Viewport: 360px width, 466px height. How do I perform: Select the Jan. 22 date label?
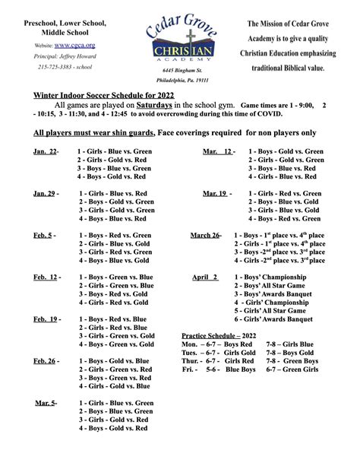(45, 152)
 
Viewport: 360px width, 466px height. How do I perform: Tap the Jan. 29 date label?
(45, 194)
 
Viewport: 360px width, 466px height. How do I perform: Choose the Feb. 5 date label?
(44, 236)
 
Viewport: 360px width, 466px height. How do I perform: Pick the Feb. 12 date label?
(46, 277)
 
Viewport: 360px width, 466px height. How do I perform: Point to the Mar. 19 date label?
(215, 194)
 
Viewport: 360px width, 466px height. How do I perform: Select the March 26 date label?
(205, 236)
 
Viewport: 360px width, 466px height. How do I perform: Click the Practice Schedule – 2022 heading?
(220, 335)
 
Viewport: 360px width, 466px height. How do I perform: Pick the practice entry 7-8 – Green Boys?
(292, 360)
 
